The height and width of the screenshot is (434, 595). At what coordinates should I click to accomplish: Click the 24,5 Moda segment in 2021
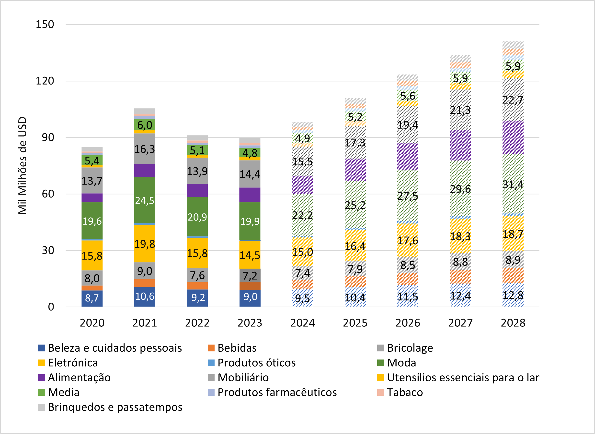145,200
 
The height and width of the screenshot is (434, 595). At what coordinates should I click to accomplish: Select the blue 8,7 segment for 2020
92,298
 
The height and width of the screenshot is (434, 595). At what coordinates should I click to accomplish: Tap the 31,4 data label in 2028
513,185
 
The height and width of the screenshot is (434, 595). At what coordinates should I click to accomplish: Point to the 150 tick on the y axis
45,24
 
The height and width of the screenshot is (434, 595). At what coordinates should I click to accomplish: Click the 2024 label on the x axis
302,322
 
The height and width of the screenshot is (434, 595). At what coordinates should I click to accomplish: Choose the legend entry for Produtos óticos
256,362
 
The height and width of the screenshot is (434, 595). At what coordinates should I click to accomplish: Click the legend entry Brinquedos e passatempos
115,407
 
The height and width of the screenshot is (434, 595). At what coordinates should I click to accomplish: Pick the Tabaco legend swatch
380,392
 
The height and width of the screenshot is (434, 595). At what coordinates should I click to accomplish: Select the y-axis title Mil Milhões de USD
23,165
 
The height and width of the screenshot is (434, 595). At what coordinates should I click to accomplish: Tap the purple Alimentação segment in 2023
250,195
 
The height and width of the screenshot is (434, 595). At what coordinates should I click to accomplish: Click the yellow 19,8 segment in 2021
145,244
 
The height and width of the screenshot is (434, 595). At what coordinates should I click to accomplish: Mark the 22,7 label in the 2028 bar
513,100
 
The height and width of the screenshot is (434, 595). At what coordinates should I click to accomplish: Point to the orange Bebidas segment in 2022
197,286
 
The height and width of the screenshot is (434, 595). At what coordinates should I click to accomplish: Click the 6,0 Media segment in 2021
145,125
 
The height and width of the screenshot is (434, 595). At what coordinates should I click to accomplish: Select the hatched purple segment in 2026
407,156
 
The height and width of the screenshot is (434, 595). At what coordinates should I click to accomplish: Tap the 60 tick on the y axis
48,194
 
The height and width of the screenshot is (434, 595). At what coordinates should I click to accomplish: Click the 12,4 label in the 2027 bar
460,296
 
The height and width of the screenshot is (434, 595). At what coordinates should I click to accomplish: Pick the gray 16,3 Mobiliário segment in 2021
145,149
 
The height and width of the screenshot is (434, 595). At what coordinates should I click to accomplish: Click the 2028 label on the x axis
513,322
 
